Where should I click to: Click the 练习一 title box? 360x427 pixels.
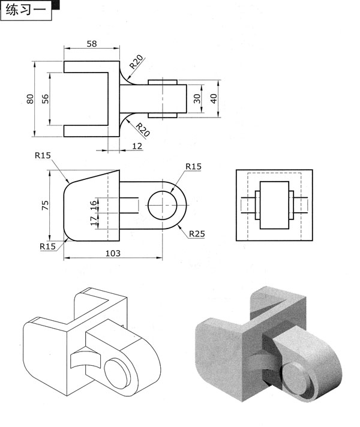click(26, 10)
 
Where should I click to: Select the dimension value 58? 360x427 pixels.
click(92, 44)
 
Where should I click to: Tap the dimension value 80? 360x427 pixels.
click(30, 99)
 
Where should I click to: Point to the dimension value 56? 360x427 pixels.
click(45, 99)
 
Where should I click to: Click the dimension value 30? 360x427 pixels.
click(197, 98)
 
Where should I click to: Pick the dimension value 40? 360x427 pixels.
click(214, 98)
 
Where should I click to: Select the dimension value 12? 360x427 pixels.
click(137, 146)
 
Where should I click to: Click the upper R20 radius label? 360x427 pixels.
click(136, 62)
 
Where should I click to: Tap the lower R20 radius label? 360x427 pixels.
click(143, 130)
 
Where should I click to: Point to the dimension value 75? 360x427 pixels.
click(45, 205)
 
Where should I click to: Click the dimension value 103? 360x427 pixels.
click(113, 253)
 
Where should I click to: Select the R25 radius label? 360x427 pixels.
click(197, 234)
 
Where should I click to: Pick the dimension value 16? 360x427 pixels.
click(94, 205)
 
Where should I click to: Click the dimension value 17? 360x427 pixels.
click(94, 221)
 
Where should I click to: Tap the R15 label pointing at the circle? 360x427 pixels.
click(193, 166)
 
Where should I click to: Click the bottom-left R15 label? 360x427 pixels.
click(47, 246)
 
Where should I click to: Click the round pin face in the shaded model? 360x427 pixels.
click(295, 377)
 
